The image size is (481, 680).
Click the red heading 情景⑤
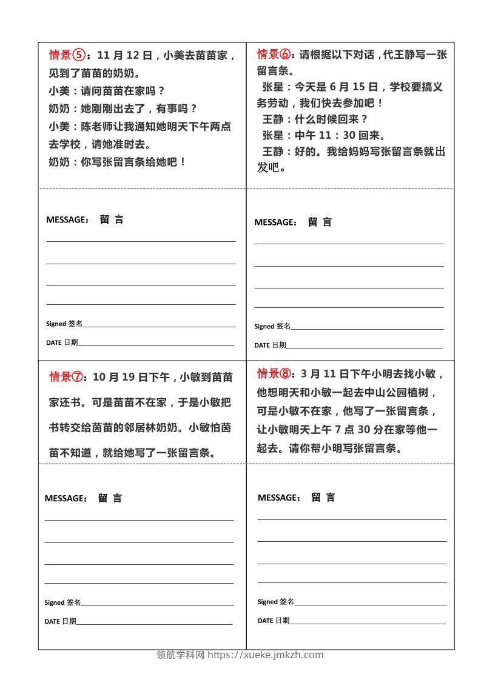[x=67, y=56]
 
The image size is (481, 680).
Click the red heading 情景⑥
[x=275, y=55]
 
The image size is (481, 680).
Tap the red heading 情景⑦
[x=67, y=377]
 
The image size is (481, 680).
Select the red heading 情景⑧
[x=275, y=373]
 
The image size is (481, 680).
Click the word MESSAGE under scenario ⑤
[x=67, y=220]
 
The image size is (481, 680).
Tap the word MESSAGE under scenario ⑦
[x=66, y=498]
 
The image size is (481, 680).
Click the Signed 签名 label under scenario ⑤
[x=64, y=324]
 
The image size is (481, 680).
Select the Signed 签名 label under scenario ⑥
[x=272, y=326]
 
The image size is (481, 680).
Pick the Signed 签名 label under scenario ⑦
[x=62, y=602]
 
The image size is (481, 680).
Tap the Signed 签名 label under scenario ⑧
[x=275, y=602]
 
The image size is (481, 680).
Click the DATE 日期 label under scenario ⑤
[x=62, y=342]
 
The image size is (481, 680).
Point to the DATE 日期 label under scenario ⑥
[x=270, y=345]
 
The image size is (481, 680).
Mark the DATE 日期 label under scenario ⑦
[x=60, y=621]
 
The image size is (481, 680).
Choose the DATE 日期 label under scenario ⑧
[x=273, y=621]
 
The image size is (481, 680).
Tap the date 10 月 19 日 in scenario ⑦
[x=121, y=377]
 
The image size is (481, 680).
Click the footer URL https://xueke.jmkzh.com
[x=266, y=655]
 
